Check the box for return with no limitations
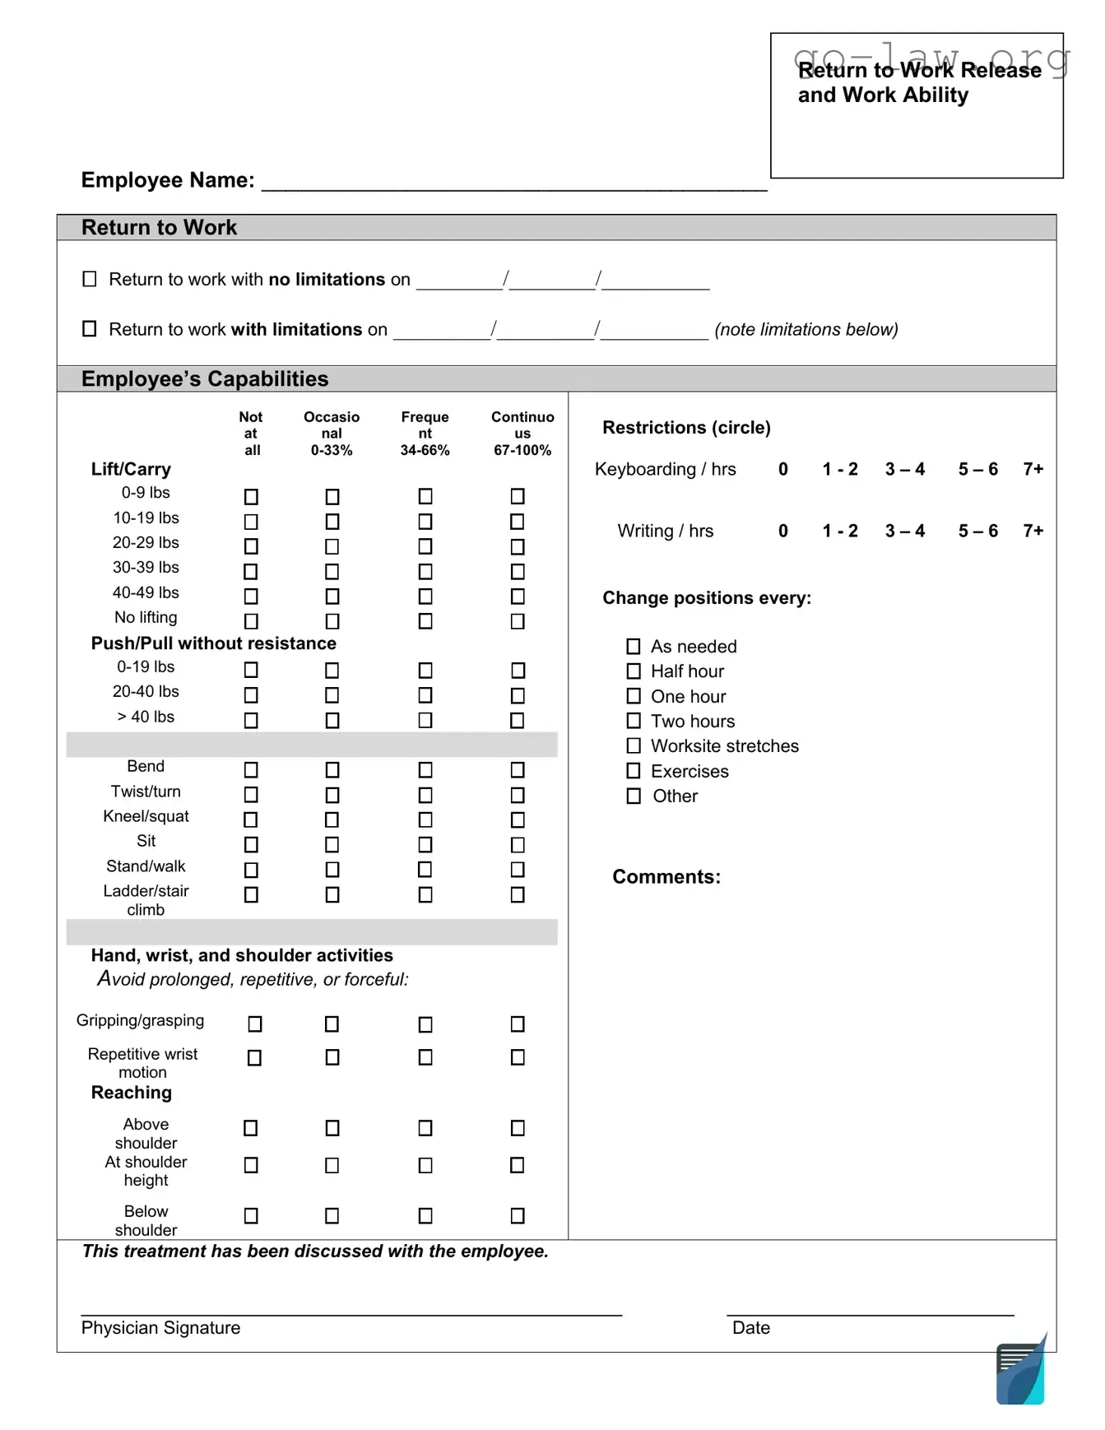[x=90, y=279]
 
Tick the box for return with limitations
[x=90, y=329]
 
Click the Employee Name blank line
[x=513, y=183]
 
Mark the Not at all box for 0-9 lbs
[x=252, y=497]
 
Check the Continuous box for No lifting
[x=518, y=621]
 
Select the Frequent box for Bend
[x=425, y=770]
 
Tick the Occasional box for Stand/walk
[x=332, y=870]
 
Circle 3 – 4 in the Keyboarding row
[x=904, y=469]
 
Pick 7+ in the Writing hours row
[x=1033, y=531]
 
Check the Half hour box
[x=634, y=671]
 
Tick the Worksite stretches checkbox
[x=634, y=746]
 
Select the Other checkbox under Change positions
[x=634, y=796]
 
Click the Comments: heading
[x=666, y=877]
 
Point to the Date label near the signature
[x=750, y=1328]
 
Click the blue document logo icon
[x=1021, y=1372]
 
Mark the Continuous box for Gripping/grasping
[x=518, y=1024]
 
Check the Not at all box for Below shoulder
[x=252, y=1216]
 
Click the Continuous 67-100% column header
[x=522, y=434]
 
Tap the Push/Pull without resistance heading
[x=213, y=643]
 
